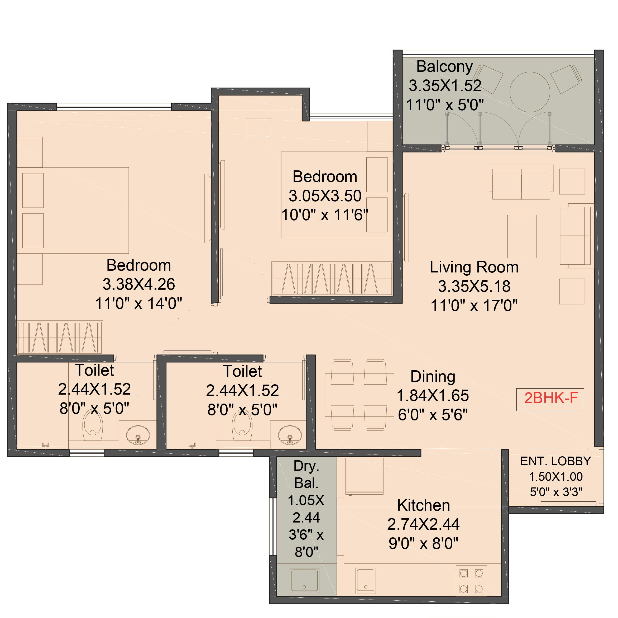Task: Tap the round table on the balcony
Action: click(530, 92)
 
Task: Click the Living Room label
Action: click(474, 267)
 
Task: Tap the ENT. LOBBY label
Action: click(556, 461)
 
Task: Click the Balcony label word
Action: click(445, 67)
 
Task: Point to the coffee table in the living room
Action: click(522, 236)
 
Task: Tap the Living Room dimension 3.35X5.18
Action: click(474, 286)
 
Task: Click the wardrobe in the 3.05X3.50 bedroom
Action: click(332, 278)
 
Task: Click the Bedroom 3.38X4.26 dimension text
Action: click(139, 284)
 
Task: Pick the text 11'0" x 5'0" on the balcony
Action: click(445, 105)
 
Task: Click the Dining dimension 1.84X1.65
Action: click(433, 396)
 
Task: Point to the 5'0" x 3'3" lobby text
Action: click(556, 492)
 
